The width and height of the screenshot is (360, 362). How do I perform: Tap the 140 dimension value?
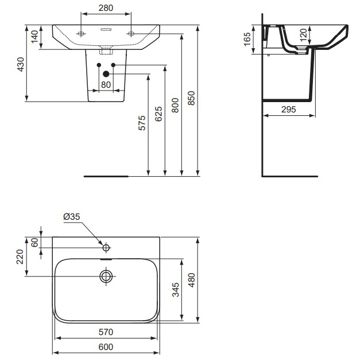(x=34, y=37)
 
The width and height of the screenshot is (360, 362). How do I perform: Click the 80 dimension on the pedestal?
(x=106, y=85)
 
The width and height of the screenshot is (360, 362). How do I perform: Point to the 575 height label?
(x=142, y=123)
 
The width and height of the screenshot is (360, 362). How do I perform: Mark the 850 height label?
(x=192, y=99)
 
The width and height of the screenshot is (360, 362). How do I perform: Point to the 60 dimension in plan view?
(x=34, y=242)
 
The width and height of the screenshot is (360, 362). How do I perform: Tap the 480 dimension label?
(x=192, y=279)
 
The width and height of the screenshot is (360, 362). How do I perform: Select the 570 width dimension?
(x=106, y=332)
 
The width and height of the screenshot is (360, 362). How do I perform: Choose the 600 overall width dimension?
(x=106, y=347)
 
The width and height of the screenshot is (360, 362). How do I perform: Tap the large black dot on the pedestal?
(x=106, y=73)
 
